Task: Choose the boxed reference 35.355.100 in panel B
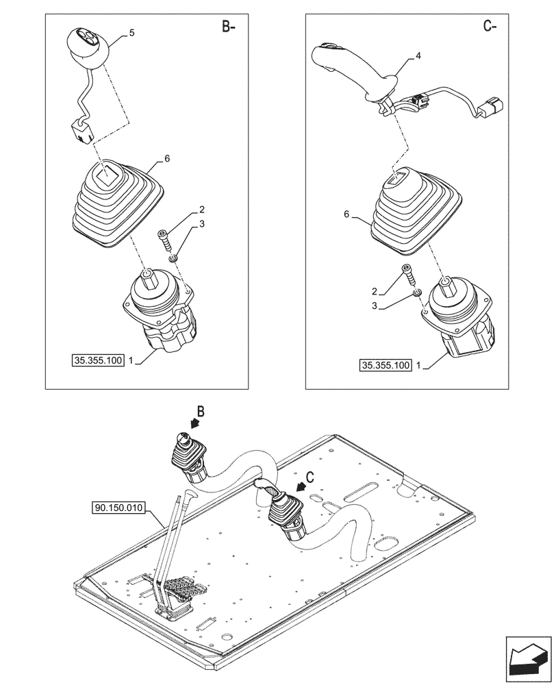click(x=97, y=360)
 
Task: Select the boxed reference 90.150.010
click(x=116, y=508)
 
